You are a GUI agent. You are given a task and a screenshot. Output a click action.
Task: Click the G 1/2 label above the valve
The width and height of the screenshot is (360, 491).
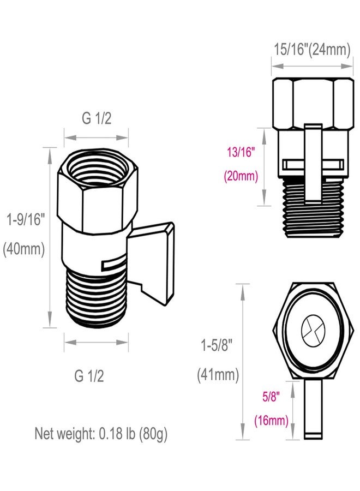click(96, 118)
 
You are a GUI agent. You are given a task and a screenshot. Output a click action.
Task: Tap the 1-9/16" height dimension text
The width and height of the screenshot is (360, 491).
click(25, 220)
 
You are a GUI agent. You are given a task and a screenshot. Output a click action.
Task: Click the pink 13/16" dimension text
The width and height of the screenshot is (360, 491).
click(240, 153)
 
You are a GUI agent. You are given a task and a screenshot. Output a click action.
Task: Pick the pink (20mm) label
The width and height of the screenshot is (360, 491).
click(240, 177)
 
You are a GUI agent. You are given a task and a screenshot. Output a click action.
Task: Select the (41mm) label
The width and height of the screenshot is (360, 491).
click(218, 375)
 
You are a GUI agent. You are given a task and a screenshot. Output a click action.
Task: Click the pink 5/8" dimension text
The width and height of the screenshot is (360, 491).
click(271, 397)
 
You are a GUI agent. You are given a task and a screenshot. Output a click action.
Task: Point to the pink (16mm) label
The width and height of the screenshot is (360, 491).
click(271, 420)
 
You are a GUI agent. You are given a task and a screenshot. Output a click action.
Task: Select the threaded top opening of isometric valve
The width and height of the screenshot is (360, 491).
click(97, 174)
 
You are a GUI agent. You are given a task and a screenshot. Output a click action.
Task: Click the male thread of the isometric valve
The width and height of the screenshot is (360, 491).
click(97, 297)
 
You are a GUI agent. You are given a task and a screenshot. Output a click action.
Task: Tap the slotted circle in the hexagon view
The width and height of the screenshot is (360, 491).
click(313, 330)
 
